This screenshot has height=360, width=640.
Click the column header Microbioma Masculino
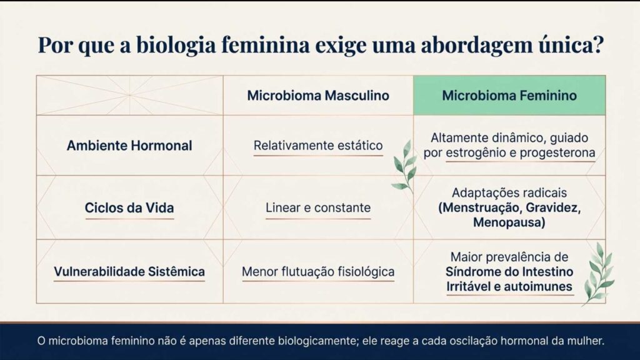(317, 96)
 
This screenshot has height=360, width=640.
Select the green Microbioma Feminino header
(509, 96)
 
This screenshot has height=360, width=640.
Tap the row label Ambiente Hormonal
(129, 146)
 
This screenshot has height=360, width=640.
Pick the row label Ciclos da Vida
(129, 207)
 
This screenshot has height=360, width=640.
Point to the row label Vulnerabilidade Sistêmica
(129, 272)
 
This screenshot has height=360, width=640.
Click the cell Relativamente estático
(317, 146)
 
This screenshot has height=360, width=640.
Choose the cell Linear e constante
(317, 207)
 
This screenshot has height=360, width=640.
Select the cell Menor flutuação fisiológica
(317, 272)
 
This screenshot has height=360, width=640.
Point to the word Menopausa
(509, 222)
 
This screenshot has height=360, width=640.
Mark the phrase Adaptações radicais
(509, 193)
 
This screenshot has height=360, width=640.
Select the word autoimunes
(541, 287)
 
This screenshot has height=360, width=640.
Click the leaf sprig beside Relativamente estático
(404, 165)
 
